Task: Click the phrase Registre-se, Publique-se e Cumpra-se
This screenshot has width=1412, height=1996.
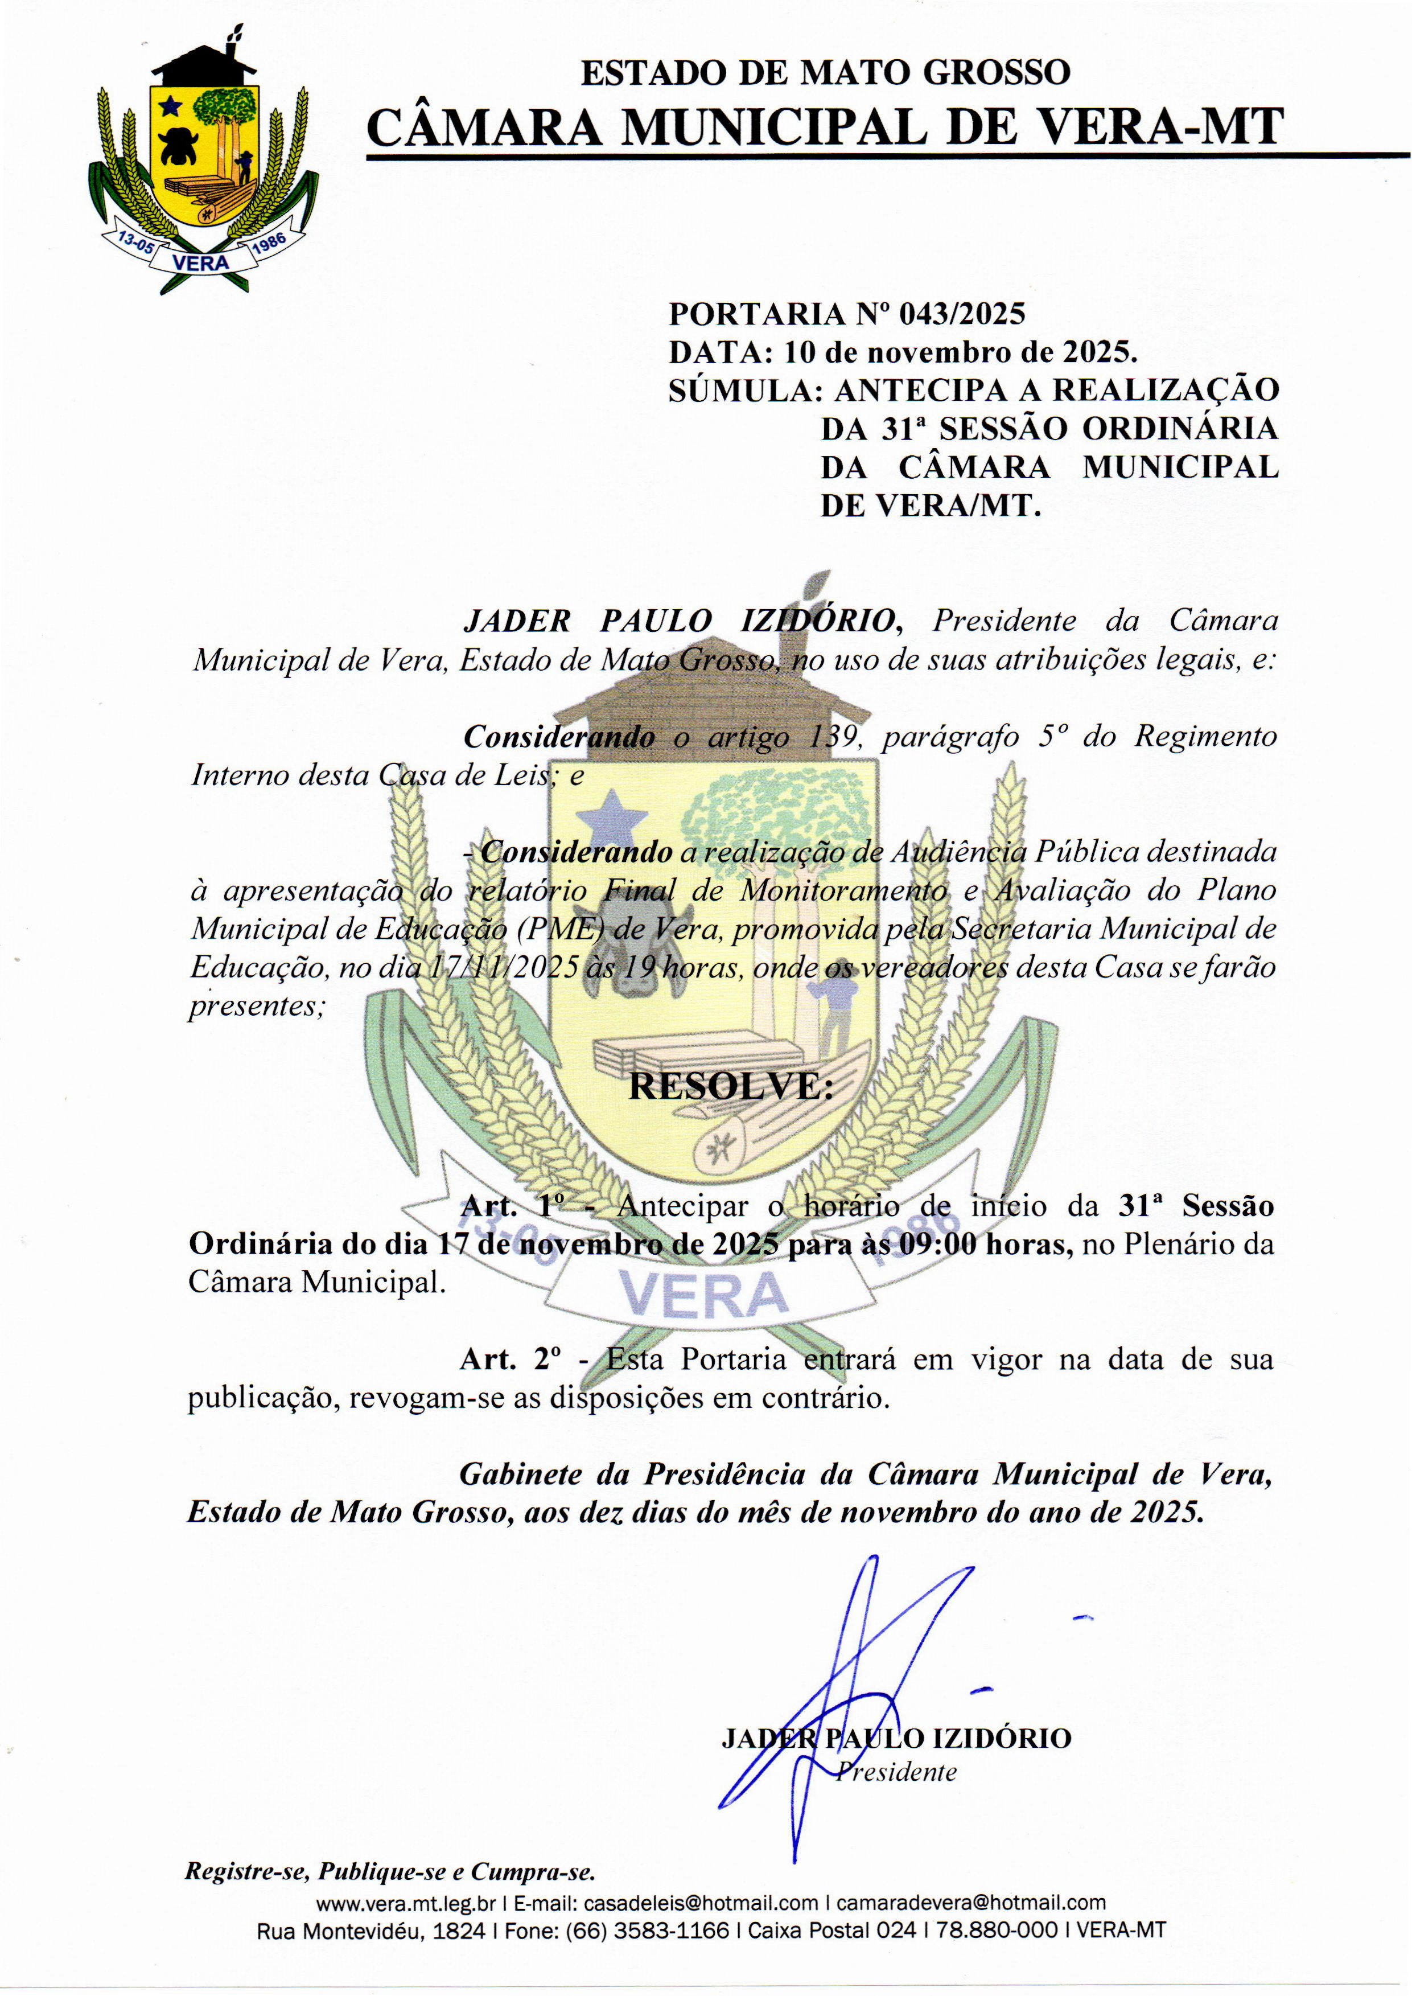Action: coord(389,1871)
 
